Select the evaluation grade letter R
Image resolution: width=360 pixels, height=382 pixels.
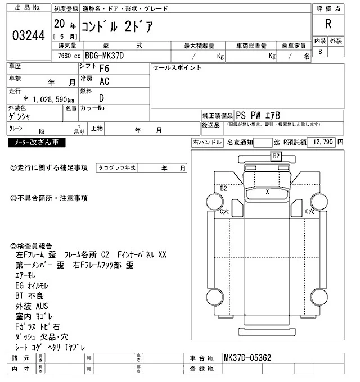coord(327,24)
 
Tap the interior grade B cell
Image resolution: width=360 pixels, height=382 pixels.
coord(320,52)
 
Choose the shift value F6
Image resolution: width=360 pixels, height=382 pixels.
coord(104,69)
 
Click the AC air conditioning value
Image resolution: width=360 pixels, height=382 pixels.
coord(104,81)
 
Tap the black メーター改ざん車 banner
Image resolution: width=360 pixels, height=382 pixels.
coord(37,143)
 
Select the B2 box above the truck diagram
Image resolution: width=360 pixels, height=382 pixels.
coord(276,156)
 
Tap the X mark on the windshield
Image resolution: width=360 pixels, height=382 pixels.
coord(268,192)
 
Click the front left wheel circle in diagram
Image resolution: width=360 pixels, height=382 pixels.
coord(214,200)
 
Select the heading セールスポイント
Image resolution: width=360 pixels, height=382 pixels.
coord(177,68)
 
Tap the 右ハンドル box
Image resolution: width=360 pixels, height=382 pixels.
coord(206,143)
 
